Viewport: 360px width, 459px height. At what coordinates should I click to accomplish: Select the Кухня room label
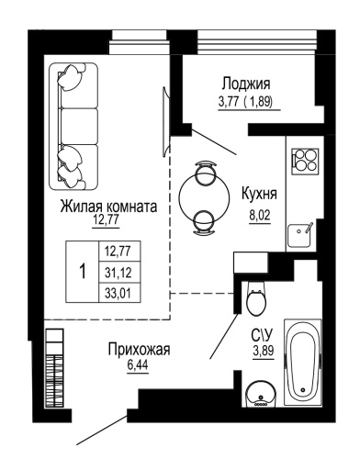point(260,195)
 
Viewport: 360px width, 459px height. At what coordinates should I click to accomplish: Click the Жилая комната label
point(108,207)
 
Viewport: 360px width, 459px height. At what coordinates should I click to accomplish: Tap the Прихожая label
point(140,349)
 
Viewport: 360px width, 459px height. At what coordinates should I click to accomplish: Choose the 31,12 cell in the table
point(117,272)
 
